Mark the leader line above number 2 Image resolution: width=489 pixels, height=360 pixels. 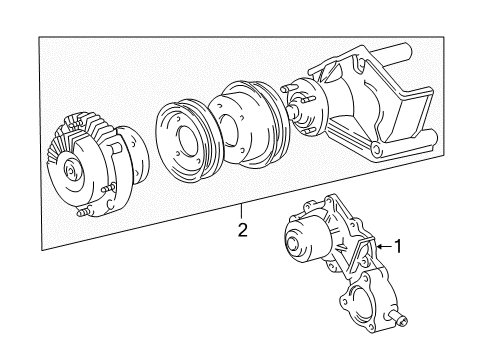[x=241, y=212]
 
